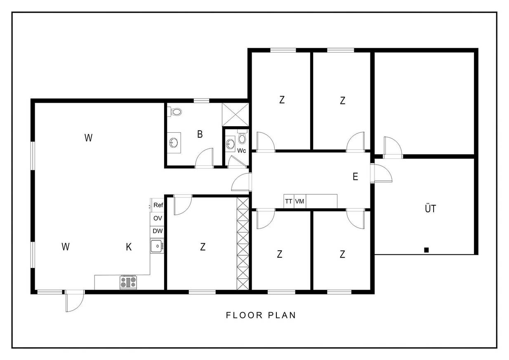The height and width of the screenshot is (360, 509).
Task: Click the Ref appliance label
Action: click(158, 205)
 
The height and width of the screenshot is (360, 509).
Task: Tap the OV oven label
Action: click(158, 218)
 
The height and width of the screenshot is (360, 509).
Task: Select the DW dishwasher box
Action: click(157, 232)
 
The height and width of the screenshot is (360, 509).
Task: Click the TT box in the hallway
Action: click(289, 201)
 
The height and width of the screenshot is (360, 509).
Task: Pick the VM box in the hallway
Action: click(300, 201)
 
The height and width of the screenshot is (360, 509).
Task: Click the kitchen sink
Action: click(157, 246)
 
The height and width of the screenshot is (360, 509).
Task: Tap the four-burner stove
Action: click(128, 282)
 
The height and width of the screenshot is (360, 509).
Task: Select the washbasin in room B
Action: click(174, 143)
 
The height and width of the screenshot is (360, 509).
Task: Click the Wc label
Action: click(241, 151)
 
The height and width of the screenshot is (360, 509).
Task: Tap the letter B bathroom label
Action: click(200, 134)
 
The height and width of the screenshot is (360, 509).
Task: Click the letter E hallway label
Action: click(356, 176)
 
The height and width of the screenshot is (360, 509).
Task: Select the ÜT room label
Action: click(430, 208)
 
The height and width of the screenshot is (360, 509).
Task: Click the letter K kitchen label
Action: click(129, 247)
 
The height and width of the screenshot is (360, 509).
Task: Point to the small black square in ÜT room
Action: click(427, 250)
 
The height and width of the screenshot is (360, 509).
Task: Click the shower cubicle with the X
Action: click(236, 115)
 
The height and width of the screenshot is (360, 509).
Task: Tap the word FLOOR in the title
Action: click(244, 315)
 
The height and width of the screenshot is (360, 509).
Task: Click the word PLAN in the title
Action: click(282, 315)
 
